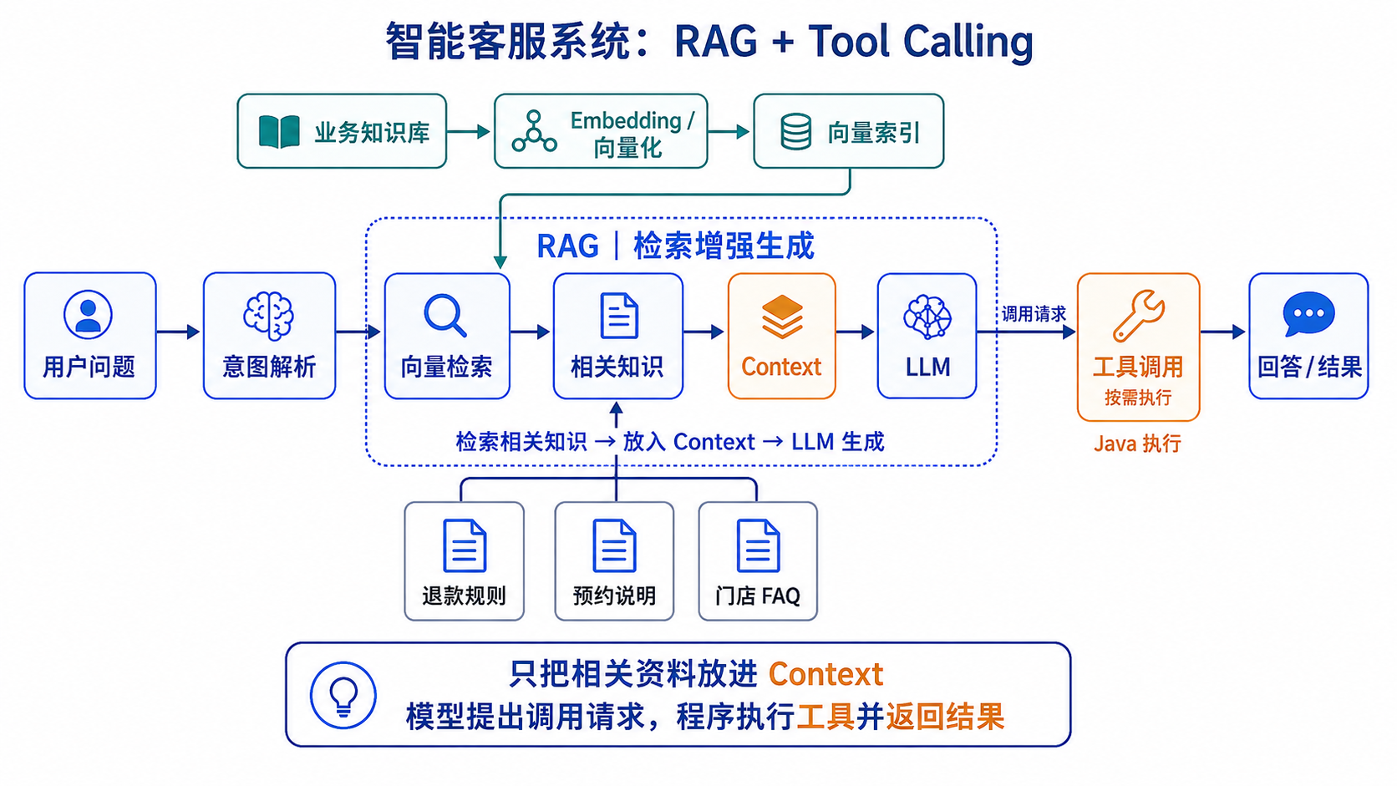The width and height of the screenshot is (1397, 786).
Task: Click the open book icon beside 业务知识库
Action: click(x=279, y=131)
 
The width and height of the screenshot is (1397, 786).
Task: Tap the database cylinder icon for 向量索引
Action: click(x=795, y=131)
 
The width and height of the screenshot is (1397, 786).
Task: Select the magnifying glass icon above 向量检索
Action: click(x=444, y=315)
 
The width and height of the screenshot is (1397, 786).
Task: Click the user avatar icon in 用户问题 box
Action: click(x=88, y=314)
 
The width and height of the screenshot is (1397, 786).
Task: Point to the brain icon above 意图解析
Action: click(x=269, y=316)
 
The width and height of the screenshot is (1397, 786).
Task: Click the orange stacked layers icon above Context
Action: click(x=781, y=317)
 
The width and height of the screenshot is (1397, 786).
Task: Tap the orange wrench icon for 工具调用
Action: click(x=1138, y=316)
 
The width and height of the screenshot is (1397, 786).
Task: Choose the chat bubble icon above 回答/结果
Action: click(x=1308, y=314)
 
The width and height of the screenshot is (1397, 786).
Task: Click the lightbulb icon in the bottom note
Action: click(x=343, y=695)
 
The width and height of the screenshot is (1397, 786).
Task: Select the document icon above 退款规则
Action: click(x=464, y=545)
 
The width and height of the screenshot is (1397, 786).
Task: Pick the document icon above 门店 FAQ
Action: click(x=758, y=545)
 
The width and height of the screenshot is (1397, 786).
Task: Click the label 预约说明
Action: click(x=614, y=596)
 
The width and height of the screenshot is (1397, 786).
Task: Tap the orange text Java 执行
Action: click(x=1137, y=444)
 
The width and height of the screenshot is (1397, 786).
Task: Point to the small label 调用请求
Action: click(x=1034, y=313)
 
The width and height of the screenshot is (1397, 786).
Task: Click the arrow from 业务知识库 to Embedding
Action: click(x=469, y=131)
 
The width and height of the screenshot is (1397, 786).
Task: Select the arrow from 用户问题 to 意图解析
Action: click(x=178, y=332)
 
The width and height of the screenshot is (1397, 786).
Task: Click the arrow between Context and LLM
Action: click(x=856, y=332)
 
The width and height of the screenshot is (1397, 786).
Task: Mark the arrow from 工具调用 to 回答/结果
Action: click(x=1223, y=332)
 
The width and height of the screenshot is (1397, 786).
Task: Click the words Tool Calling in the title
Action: click(x=921, y=42)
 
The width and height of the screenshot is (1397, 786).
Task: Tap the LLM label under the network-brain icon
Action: click(x=927, y=367)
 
